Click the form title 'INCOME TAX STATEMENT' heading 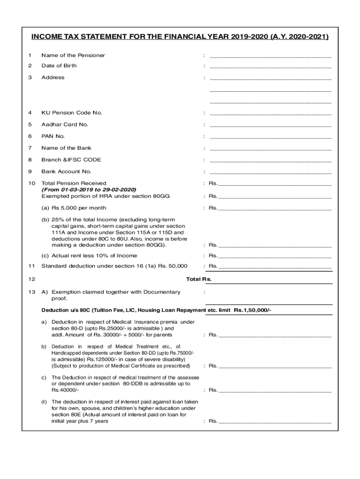click(x=180, y=37)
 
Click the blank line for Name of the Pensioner click(x=271, y=56)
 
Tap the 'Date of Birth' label click(x=59, y=65)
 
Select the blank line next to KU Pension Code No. click(x=271, y=113)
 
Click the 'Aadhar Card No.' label click(x=65, y=124)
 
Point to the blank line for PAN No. click(x=271, y=137)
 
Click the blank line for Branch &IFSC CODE click(x=271, y=160)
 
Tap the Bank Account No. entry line click(x=271, y=172)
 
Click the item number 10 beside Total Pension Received click(x=31, y=183)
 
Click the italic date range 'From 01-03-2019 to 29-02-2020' click(x=89, y=189)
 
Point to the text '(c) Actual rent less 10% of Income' click(x=89, y=255)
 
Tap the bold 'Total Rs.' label click(x=199, y=279)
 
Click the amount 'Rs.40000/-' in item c click(x=65, y=390)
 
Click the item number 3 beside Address click(x=30, y=78)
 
